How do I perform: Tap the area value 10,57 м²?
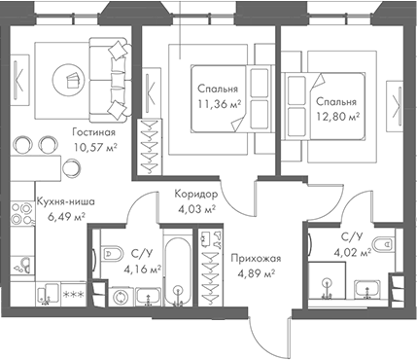pos(94,148)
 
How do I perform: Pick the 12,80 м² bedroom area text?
pos(336,116)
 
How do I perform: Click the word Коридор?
pos(195,193)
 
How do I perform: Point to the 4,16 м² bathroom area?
pos(144,270)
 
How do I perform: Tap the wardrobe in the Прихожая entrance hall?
pos(206,269)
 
